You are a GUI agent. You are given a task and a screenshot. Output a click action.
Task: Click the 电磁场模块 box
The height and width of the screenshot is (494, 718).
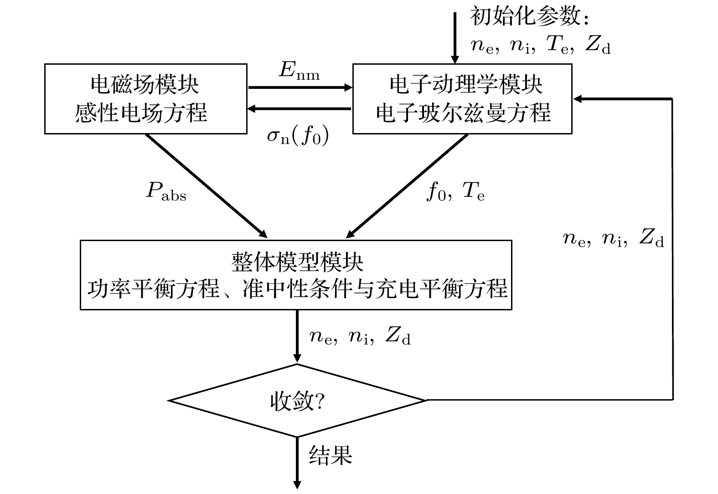point(145,99)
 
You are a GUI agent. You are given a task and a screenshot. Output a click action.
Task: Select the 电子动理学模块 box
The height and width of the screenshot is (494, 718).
point(462,99)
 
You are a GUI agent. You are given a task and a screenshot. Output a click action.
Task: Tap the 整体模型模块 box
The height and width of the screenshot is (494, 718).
point(296,275)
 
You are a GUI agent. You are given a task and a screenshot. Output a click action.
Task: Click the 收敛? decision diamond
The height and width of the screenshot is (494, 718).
point(297,401)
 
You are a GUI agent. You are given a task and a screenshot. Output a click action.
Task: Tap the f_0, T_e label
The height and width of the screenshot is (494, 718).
point(455,192)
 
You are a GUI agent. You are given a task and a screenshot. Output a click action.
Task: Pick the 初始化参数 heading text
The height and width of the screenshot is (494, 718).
point(531,17)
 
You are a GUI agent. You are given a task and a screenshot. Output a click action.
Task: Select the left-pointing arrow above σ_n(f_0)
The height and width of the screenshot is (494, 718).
point(299,108)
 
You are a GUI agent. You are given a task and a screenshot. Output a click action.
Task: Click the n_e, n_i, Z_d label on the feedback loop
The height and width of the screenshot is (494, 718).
point(613,238)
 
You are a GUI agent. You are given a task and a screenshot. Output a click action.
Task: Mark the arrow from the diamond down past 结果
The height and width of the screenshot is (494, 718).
point(297,463)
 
